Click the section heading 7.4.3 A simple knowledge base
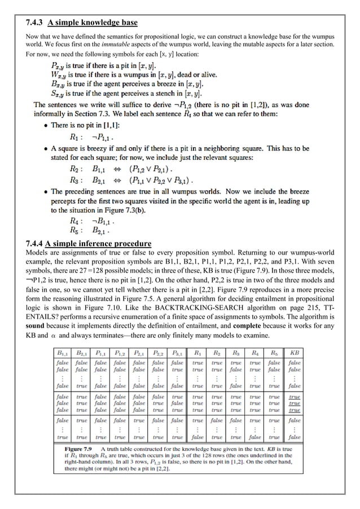coord(82,23)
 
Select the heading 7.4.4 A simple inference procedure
coord(89,244)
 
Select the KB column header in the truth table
coord(293,353)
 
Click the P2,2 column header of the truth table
coord(159,353)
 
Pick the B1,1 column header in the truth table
coord(63,353)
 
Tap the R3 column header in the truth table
coord(236,353)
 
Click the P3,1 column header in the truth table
coord(178,353)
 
